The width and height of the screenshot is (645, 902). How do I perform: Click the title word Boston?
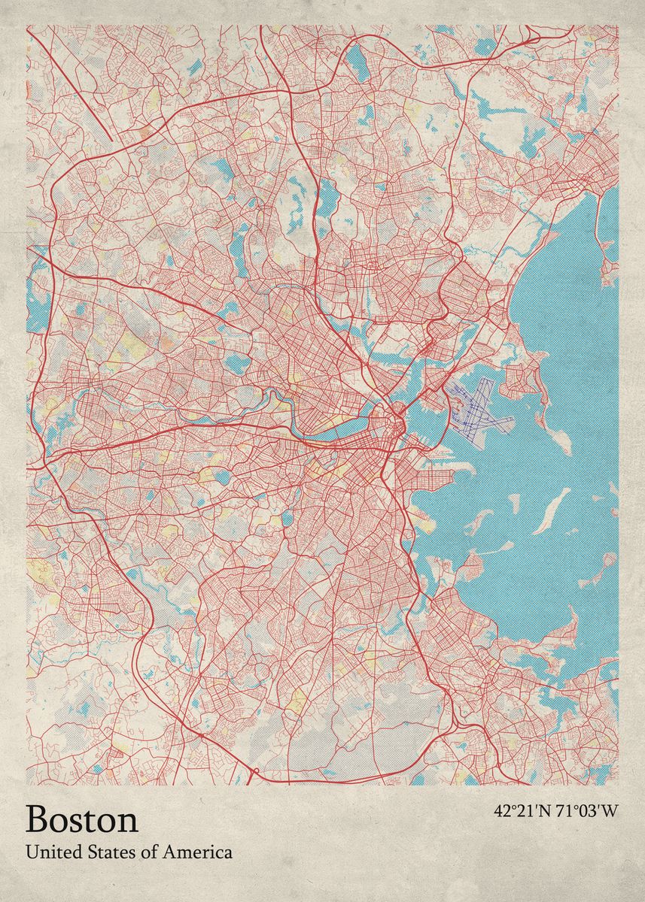(x=82, y=819)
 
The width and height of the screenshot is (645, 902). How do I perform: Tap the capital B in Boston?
(x=38, y=819)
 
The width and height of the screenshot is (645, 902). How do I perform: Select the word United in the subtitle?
(x=50, y=852)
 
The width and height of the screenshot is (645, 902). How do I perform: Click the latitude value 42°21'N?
(x=523, y=811)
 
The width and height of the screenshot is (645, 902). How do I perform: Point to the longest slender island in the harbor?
(x=553, y=509)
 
